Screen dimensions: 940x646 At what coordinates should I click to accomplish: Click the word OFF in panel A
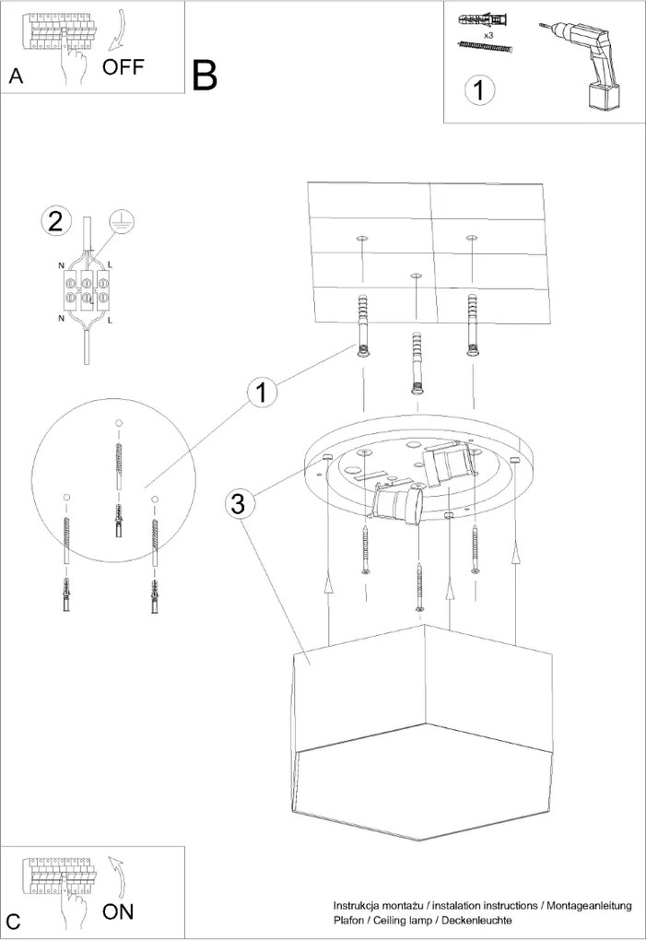click(x=123, y=66)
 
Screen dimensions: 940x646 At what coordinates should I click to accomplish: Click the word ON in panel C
click(x=118, y=911)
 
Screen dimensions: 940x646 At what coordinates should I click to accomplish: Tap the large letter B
click(x=206, y=75)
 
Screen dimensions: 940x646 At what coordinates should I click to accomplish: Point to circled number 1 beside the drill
click(x=480, y=89)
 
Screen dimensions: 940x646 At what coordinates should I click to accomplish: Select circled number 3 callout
click(x=238, y=503)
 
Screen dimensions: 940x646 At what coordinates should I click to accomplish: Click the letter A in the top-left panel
click(x=15, y=76)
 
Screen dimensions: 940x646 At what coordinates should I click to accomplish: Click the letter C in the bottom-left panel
click(x=13, y=921)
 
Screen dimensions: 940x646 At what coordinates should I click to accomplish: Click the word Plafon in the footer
click(x=349, y=921)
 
